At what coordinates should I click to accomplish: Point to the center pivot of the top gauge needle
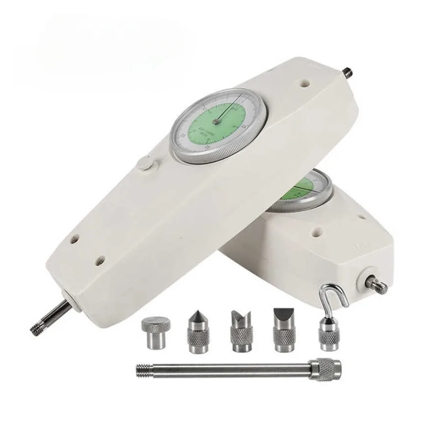[216, 121]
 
